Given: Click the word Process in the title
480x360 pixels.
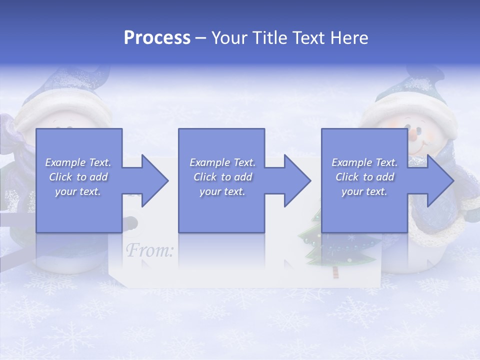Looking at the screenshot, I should pyautogui.click(x=157, y=38).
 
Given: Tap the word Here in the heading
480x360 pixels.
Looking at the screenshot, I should pyautogui.click(x=349, y=38).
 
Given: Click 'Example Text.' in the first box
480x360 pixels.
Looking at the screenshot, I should pyautogui.click(x=78, y=162).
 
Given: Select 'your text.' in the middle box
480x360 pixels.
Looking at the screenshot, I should pyautogui.click(x=222, y=191).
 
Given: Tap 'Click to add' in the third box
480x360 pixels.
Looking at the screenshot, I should pyautogui.click(x=364, y=177).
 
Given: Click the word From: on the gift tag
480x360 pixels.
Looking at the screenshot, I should pyautogui.click(x=149, y=250).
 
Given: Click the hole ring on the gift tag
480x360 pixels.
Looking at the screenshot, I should pyautogui.click(x=131, y=221).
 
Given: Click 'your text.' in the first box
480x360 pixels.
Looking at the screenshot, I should pyautogui.click(x=78, y=191).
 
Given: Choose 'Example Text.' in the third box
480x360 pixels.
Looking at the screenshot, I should pyautogui.click(x=364, y=162).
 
